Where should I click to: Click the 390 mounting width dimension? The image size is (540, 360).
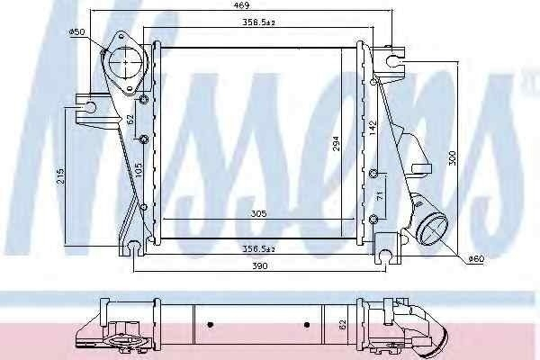261,266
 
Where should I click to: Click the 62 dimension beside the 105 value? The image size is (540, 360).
130,119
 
